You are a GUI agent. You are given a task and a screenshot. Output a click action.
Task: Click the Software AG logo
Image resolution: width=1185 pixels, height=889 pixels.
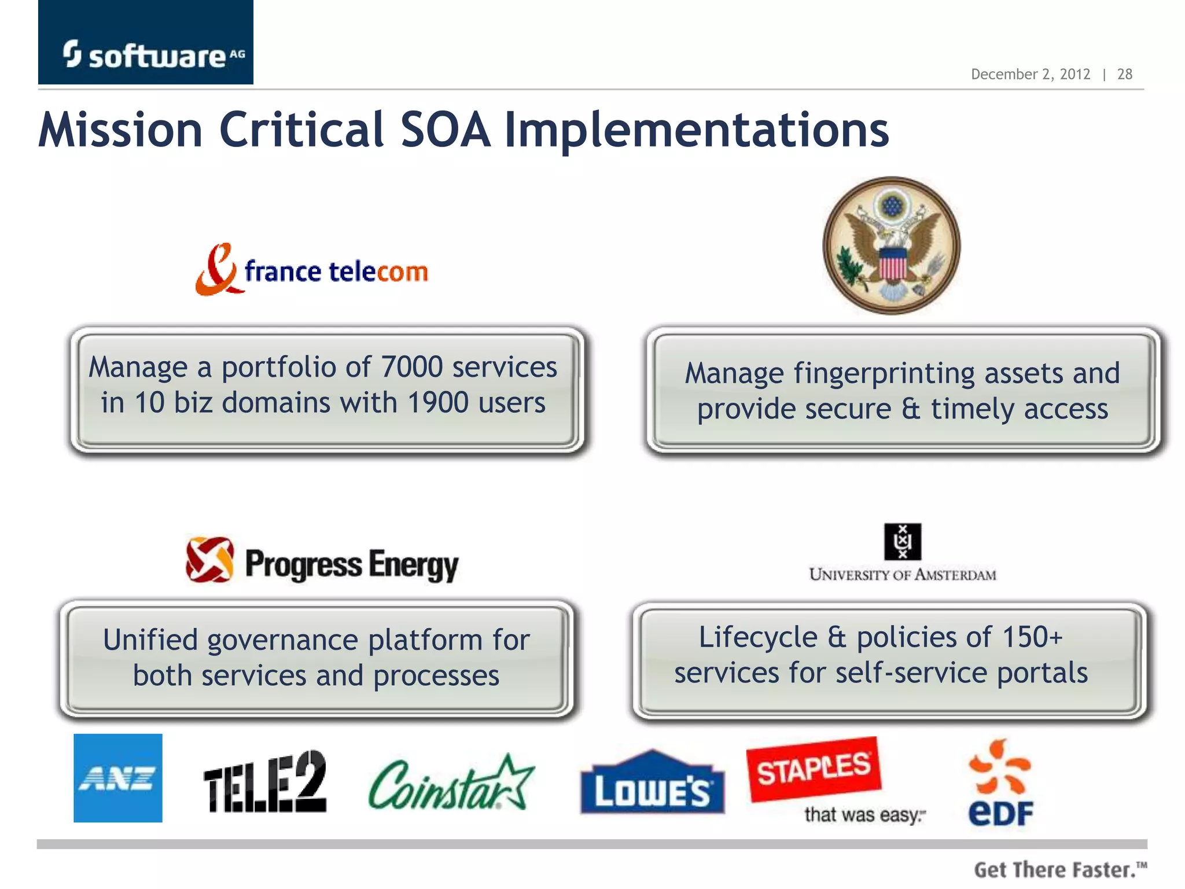point(146,54)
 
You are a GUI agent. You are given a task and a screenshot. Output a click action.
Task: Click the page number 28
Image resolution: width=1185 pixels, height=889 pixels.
point(1124,75)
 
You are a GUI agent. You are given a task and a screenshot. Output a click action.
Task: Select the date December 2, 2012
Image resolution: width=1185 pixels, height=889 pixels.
point(1030,75)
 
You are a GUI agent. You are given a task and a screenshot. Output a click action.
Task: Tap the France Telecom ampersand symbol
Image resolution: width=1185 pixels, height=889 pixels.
point(216,270)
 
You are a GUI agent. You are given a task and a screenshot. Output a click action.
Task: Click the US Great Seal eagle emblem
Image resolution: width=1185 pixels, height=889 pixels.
point(891,246)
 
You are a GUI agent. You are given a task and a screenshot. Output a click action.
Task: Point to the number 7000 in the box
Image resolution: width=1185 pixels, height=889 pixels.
point(412,367)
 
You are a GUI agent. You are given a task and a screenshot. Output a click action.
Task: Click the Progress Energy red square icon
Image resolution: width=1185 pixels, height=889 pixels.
point(209,559)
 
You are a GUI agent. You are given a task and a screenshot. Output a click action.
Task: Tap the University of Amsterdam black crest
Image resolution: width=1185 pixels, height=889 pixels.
point(902,541)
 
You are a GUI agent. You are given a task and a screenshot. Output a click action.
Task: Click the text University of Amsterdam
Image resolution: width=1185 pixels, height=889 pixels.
point(902,575)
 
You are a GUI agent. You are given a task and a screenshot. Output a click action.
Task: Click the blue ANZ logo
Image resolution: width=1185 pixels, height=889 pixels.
point(118,778)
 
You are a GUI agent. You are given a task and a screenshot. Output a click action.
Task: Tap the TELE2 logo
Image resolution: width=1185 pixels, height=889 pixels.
point(265,782)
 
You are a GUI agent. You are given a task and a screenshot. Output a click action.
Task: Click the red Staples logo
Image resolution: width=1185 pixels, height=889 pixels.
point(814,769)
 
